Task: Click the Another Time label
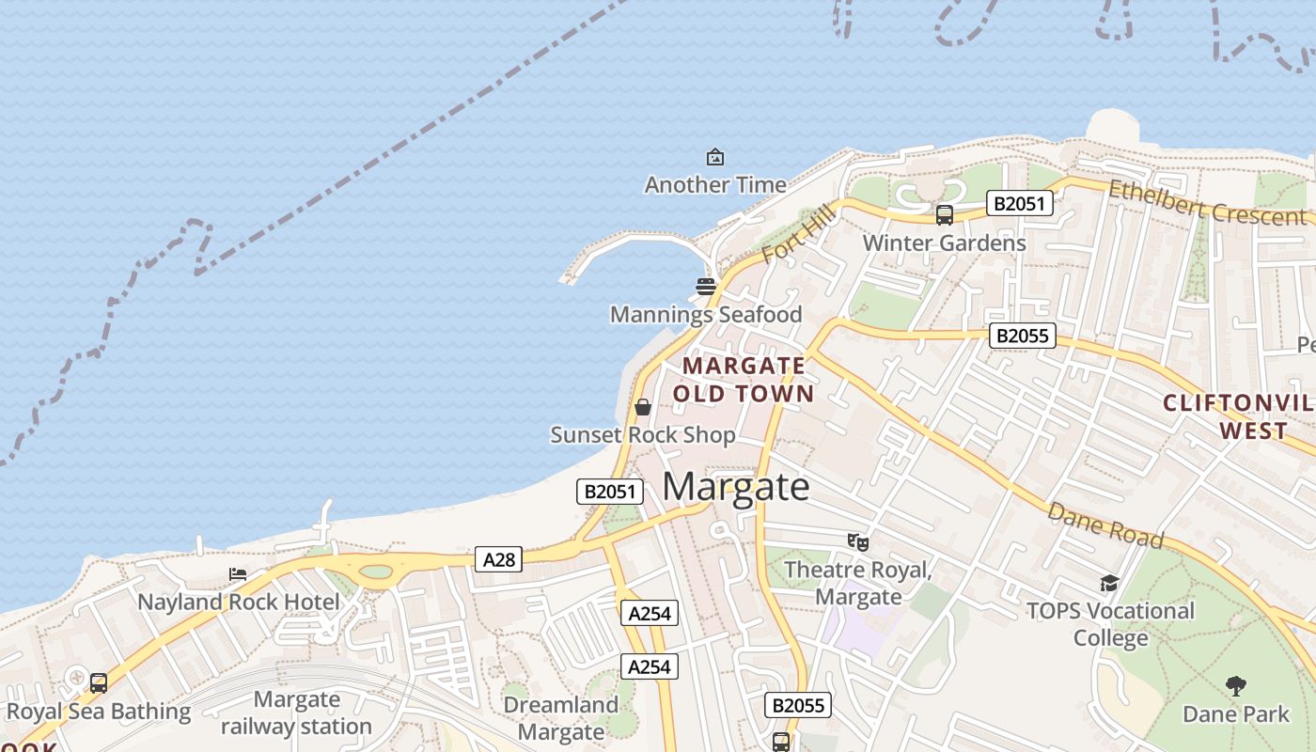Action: (714, 185)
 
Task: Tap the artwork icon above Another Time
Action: (715, 157)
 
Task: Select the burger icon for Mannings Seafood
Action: (706, 286)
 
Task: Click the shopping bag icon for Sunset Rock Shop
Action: (643, 407)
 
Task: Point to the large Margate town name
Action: (736, 487)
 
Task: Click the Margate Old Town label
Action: (744, 380)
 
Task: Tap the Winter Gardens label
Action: (944, 243)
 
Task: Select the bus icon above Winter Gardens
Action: (945, 215)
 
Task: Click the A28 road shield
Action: (499, 559)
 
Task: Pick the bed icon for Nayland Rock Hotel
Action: (238, 574)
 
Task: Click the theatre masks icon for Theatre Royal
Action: (857, 541)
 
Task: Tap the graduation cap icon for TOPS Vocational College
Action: (1109, 584)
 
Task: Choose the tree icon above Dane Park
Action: (1235, 686)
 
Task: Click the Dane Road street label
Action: (1104, 525)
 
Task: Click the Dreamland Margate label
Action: (561, 718)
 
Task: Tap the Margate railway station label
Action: (296, 713)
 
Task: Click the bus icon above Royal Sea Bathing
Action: (99, 683)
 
